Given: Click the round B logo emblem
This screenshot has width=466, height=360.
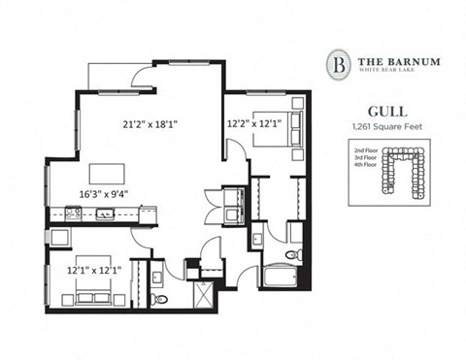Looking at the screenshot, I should click(x=338, y=64).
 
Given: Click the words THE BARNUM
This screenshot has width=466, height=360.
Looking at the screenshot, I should click(x=399, y=61).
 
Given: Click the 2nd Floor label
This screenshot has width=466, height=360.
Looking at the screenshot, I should click(x=365, y=152).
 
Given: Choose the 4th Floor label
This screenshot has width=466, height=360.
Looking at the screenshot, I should click(x=365, y=168).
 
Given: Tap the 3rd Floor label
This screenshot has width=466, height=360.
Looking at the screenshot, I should click(x=365, y=160).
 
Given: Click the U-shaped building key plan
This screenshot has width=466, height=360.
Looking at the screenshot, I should click(x=407, y=168).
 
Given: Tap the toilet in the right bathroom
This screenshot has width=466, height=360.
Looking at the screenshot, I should click(x=296, y=256).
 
